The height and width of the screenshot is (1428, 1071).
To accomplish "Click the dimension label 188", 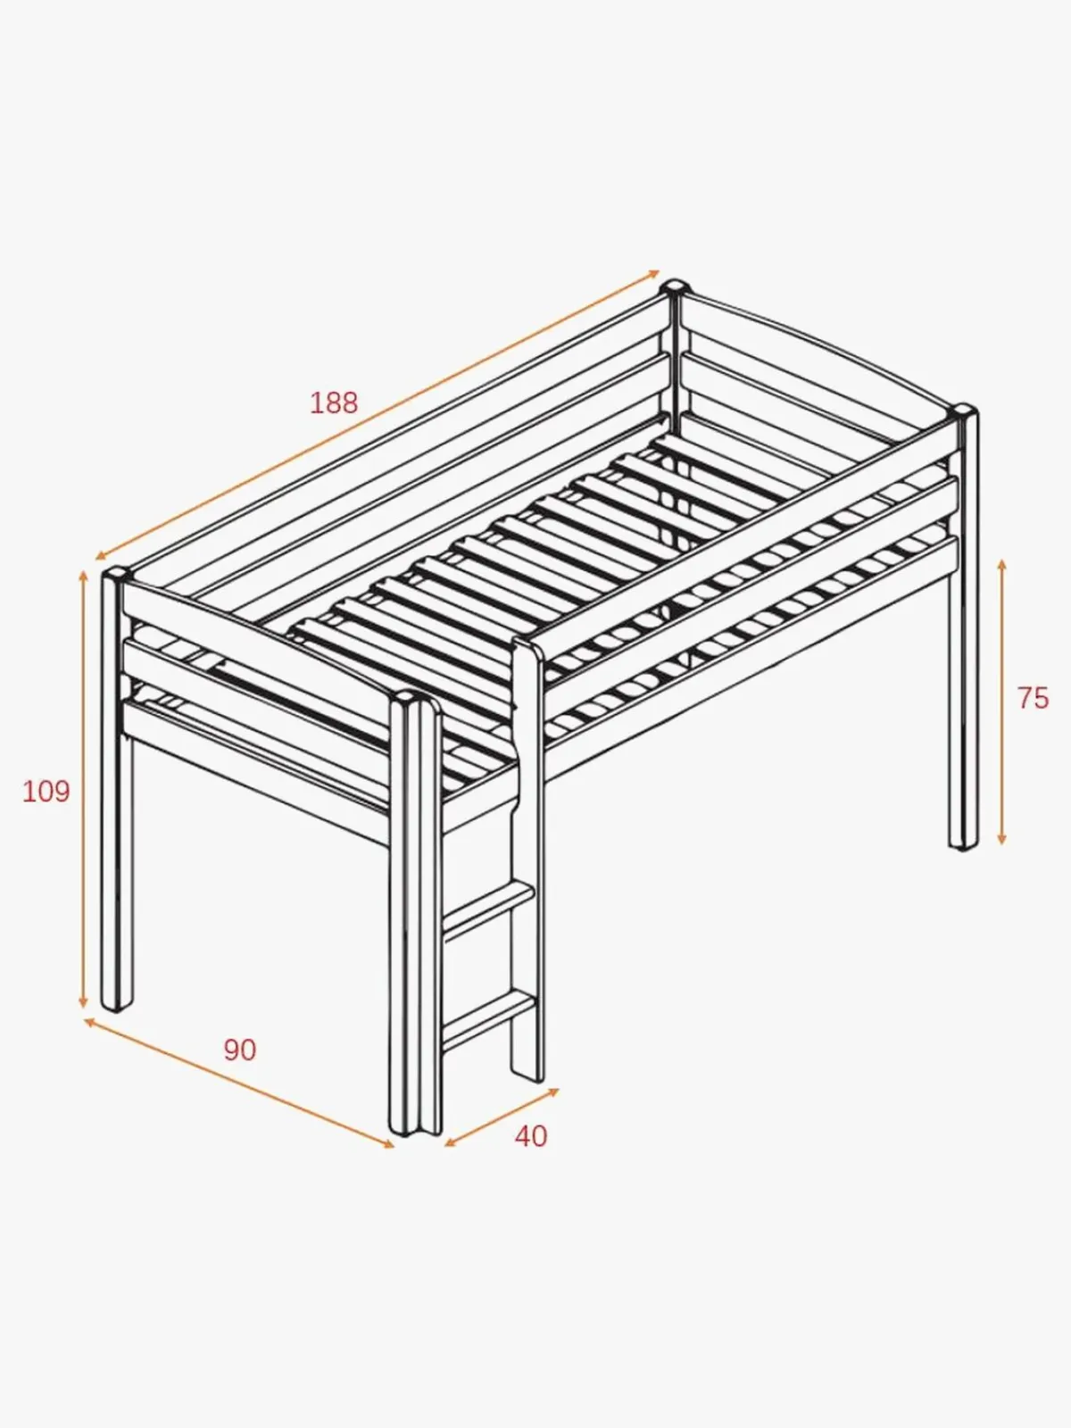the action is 334,403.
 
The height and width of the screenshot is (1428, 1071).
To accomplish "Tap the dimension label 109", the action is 46,792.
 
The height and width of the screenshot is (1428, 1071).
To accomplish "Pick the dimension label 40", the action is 531,1136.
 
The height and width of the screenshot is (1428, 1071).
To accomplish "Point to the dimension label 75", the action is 1034,698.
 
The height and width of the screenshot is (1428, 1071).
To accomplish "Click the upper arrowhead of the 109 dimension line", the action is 83,576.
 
